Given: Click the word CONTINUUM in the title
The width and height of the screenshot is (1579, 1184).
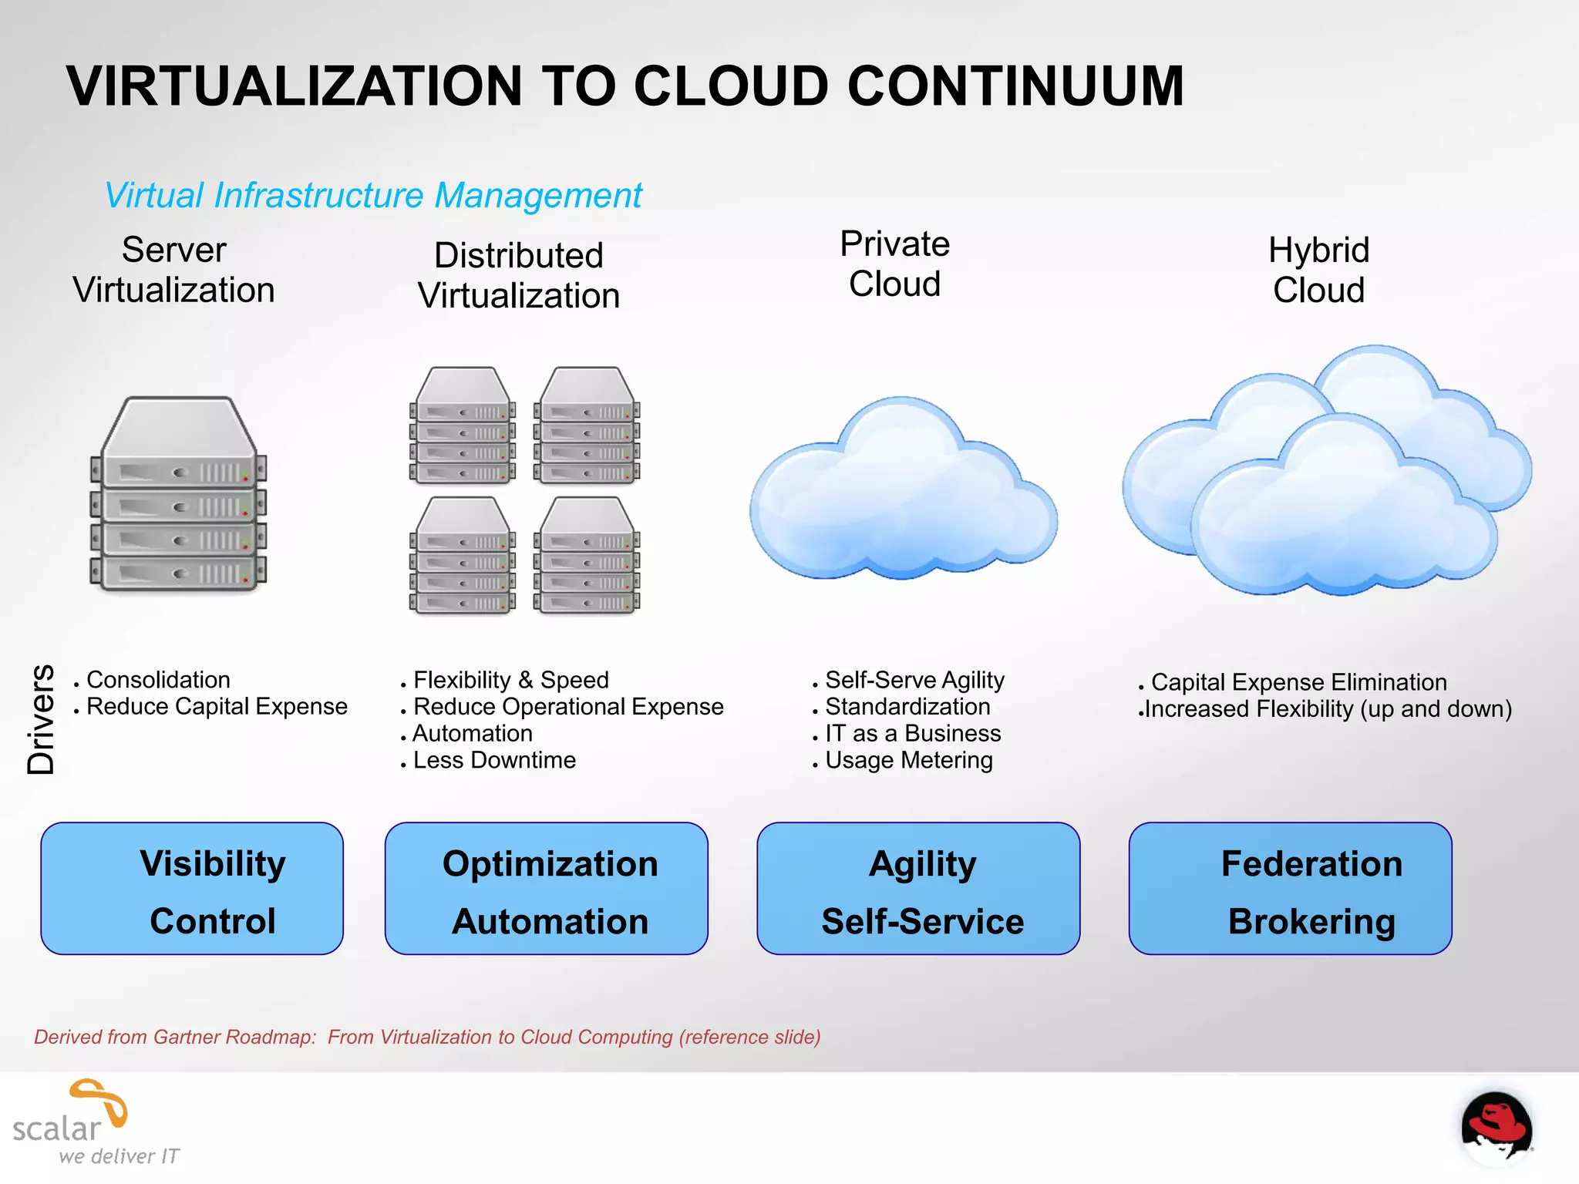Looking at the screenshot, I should point(1015,86).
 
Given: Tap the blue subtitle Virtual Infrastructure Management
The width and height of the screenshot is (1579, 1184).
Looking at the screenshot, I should point(373,196).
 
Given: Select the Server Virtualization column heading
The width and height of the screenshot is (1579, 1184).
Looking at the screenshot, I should point(174,270).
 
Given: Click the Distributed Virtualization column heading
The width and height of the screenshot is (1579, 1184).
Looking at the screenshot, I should point(519,275).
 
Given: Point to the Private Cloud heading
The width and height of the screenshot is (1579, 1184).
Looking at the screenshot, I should point(894,264).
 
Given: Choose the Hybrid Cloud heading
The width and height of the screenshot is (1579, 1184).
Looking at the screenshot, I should point(1318,270).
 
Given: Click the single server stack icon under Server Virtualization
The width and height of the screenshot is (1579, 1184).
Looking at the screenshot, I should point(179,495).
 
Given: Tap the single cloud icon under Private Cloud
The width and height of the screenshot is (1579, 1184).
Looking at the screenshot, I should point(902,493).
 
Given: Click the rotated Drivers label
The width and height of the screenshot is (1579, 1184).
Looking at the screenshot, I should point(41,718).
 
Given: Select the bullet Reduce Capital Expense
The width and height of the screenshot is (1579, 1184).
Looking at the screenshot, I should point(217,707).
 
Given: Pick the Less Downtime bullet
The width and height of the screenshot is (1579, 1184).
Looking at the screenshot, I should point(494,761).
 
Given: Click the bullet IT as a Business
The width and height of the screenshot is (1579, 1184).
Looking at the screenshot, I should point(913,734).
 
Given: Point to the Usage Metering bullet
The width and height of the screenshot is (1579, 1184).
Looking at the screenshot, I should point(909,761).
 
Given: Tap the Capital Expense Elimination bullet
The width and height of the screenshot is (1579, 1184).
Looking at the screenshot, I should point(1298,683).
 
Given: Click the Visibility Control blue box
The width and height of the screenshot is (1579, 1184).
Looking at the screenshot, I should point(192,889).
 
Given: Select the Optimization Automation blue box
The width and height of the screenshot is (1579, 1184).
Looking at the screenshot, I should point(547,889).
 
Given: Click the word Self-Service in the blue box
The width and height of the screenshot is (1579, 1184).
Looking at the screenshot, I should point(922,922).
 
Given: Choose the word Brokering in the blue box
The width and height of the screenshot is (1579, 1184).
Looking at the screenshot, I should point(1311,922).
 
